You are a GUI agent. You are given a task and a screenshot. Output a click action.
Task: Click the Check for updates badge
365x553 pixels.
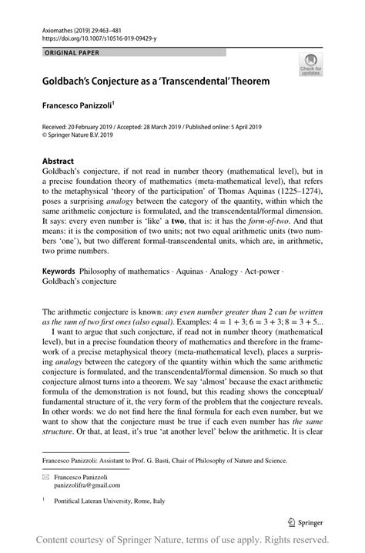point(310,65)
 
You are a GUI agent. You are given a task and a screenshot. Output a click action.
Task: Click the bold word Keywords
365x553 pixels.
point(59,272)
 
